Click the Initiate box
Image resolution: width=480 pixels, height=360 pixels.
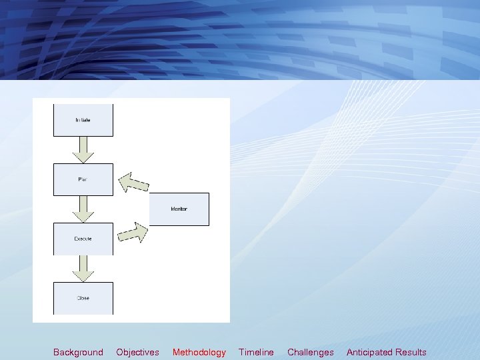point(83,121)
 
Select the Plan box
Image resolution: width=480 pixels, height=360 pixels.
point(83,179)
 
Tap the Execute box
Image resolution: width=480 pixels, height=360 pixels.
point(83,239)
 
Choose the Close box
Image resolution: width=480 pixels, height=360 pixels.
point(83,298)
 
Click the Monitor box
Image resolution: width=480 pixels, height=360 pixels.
point(179,209)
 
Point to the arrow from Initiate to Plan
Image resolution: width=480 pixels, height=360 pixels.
point(83,150)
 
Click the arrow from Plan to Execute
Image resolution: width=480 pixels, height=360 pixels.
point(83,209)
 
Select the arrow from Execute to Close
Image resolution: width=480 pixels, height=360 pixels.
point(83,268)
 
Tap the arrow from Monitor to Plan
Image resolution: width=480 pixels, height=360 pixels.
point(133,182)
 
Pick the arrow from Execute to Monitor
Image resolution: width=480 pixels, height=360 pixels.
point(133,233)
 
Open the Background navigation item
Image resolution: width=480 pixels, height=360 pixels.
point(78,352)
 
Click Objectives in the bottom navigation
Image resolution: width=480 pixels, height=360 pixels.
point(137,352)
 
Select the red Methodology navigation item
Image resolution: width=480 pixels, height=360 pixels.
point(199,352)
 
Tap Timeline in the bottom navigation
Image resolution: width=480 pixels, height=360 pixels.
point(256,352)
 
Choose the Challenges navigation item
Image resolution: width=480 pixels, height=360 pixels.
point(311,352)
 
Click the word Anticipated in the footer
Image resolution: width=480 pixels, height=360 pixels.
point(369,352)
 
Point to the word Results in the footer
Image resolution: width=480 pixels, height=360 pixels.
point(411,352)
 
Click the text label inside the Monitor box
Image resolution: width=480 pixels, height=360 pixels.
point(179,209)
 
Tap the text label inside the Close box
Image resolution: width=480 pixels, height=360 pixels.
point(83,298)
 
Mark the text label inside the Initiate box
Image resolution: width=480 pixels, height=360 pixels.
point(83,120)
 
